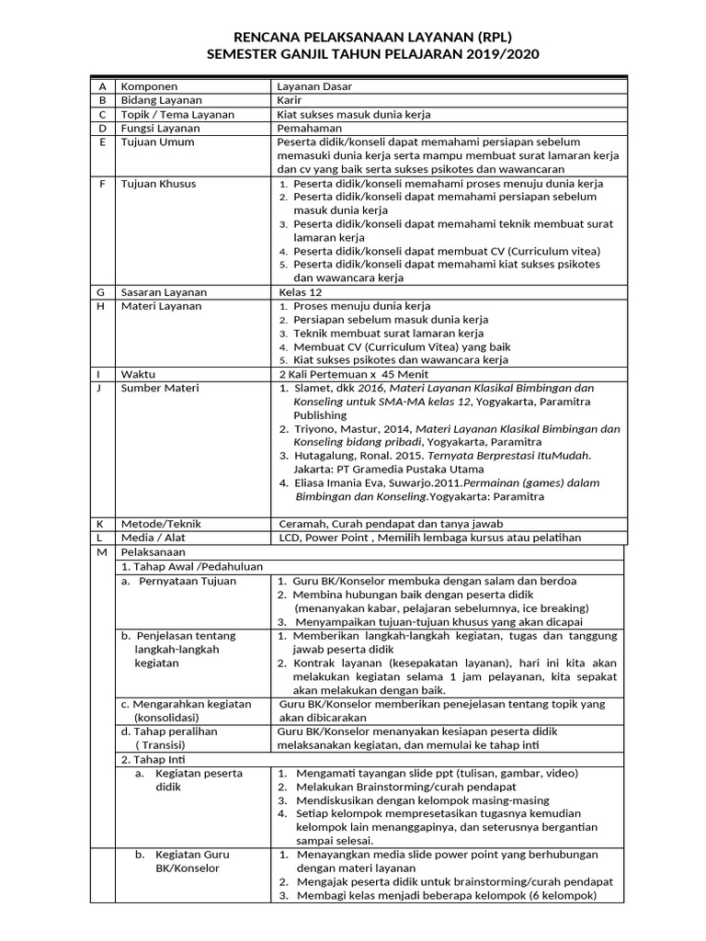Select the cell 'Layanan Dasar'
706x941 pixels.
click(x=314, y=86)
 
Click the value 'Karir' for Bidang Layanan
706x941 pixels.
click(x=290, y=100)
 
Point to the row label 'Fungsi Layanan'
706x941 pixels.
click(x=163, y=129)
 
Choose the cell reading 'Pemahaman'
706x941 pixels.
click(x=310, y=129)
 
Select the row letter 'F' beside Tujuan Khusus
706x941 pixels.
click(x=102, y=184)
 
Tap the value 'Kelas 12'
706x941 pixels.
click(x=302, y=292)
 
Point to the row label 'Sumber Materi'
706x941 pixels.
click(x=160, y=389)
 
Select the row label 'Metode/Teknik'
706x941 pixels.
click(x=161, y=524)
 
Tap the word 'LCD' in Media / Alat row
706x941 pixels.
click(x=289, y=538)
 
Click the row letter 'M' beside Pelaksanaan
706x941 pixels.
click(x=102, y=552)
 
